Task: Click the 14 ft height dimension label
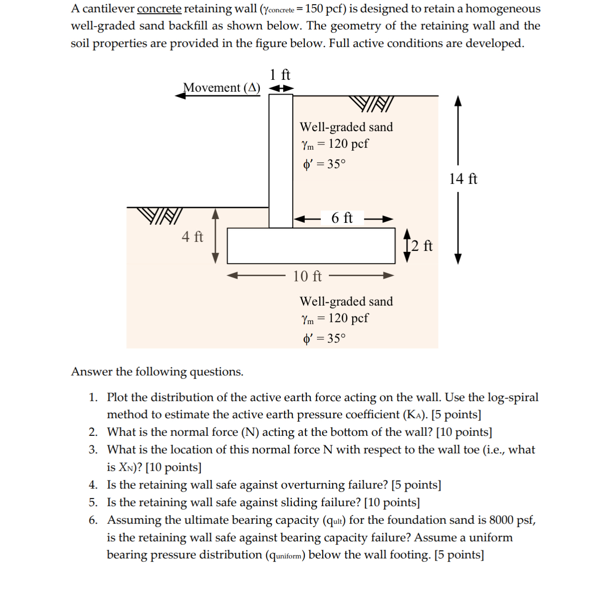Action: click(x=463, y=179)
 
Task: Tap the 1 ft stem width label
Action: click(x=280, y=75)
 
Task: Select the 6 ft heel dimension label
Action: click(x=342, y=218)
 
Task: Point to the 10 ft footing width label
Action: click(x=307, y=276)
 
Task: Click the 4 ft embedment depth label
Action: click(x=192, y=236)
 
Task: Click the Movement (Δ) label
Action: click(x=222, y=88)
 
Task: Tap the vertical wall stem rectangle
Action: click(x=280, y=161)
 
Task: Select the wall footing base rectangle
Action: click(x=311, y=246)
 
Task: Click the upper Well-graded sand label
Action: click(x=346, y=127)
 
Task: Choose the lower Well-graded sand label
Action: click(x=346, y=302)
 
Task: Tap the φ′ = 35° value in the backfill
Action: click(x=325, y=164)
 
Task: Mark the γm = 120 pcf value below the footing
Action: click(x=335, y=318)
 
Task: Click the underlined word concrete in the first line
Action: click(x=159, y=9)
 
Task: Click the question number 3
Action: click(x=93, y=450)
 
